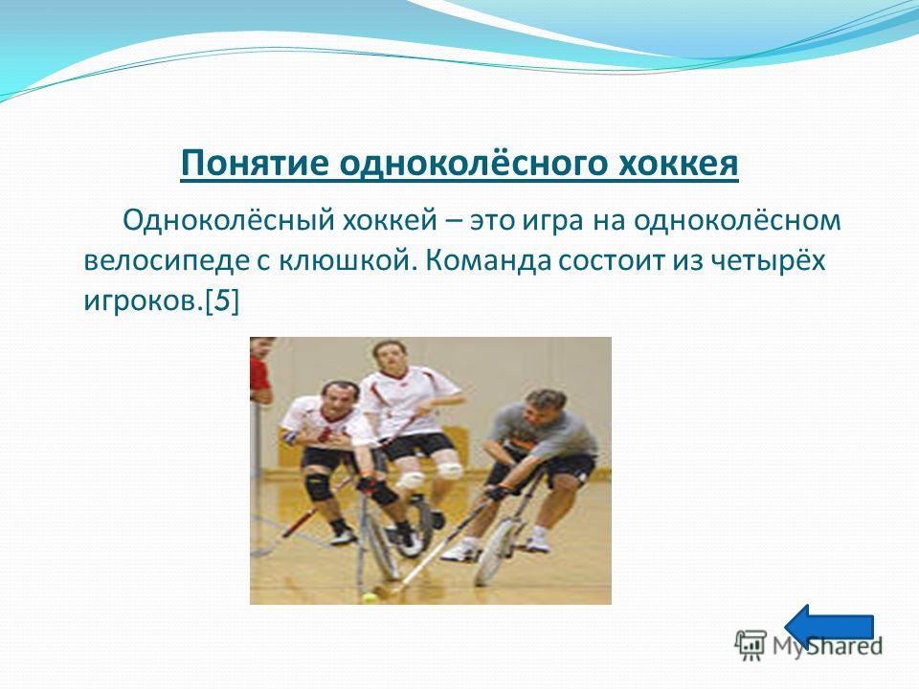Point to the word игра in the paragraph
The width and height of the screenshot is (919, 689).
click(552, 221)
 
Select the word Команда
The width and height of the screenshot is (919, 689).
click(487, 260)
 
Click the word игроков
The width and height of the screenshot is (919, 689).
click(144, 301)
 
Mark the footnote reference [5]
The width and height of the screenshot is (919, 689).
click(222, 301)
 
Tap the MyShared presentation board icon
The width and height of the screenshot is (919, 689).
click(751, 645)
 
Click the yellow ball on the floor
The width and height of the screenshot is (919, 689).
click(370, 597)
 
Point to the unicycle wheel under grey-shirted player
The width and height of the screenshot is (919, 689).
click(494, 551)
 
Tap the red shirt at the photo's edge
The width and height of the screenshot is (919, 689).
click(259, 374)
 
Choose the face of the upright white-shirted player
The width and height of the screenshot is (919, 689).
click(391, 357)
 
